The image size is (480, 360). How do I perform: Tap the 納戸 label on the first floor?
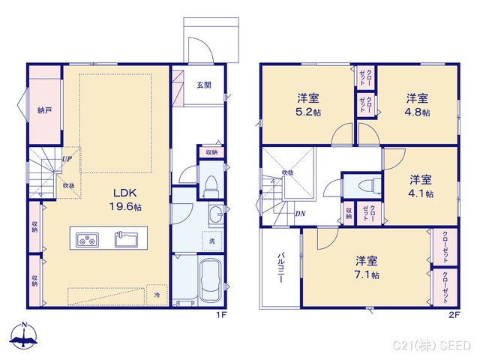point(45,111)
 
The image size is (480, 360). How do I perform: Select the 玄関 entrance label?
point(204,85)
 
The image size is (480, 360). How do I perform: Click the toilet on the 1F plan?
point(211,184)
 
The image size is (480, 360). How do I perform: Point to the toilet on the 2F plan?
point(365,184)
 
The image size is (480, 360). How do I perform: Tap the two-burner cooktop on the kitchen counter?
point(88,240)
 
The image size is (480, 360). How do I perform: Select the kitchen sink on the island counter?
point(126,240)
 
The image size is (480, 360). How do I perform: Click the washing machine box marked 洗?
point(211,242)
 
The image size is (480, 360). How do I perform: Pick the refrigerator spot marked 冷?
point(157,295)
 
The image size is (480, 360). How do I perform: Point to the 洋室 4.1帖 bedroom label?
point(420,186)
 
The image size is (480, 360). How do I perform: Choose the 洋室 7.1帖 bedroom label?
point(367,267)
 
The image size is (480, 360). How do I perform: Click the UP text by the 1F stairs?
point(67,159)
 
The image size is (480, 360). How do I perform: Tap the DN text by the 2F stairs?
point(299,214)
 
